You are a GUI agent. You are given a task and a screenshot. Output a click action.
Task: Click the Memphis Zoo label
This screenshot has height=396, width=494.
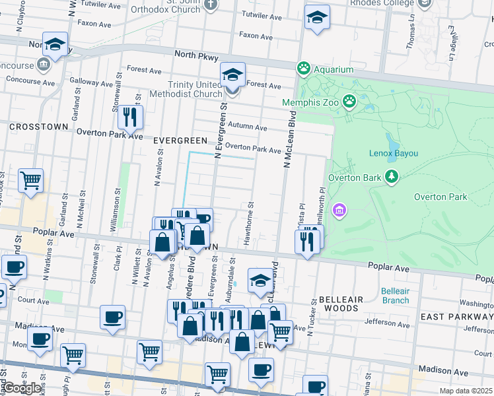[310, 102]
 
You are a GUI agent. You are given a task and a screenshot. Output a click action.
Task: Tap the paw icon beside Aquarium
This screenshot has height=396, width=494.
[304, 68]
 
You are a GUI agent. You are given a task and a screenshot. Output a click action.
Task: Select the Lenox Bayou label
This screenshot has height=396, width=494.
[393, 153]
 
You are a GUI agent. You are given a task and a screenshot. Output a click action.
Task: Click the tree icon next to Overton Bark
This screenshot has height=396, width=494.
[392, 176]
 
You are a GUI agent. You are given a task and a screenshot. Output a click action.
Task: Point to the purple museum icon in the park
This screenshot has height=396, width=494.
[339, 210]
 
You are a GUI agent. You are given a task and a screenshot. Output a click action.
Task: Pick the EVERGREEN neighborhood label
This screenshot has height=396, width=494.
[181, 141]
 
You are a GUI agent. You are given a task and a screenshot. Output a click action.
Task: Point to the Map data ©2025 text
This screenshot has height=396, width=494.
[466, 391]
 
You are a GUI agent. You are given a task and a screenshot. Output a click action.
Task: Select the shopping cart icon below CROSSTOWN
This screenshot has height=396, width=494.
[30, 180]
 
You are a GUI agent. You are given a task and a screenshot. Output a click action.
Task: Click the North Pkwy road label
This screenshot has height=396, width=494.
[196, 57]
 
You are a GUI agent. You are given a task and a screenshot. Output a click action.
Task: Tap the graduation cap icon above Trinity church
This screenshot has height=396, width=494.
[232, 75]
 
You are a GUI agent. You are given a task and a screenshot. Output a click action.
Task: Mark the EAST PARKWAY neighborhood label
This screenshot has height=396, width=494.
[456, 317]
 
